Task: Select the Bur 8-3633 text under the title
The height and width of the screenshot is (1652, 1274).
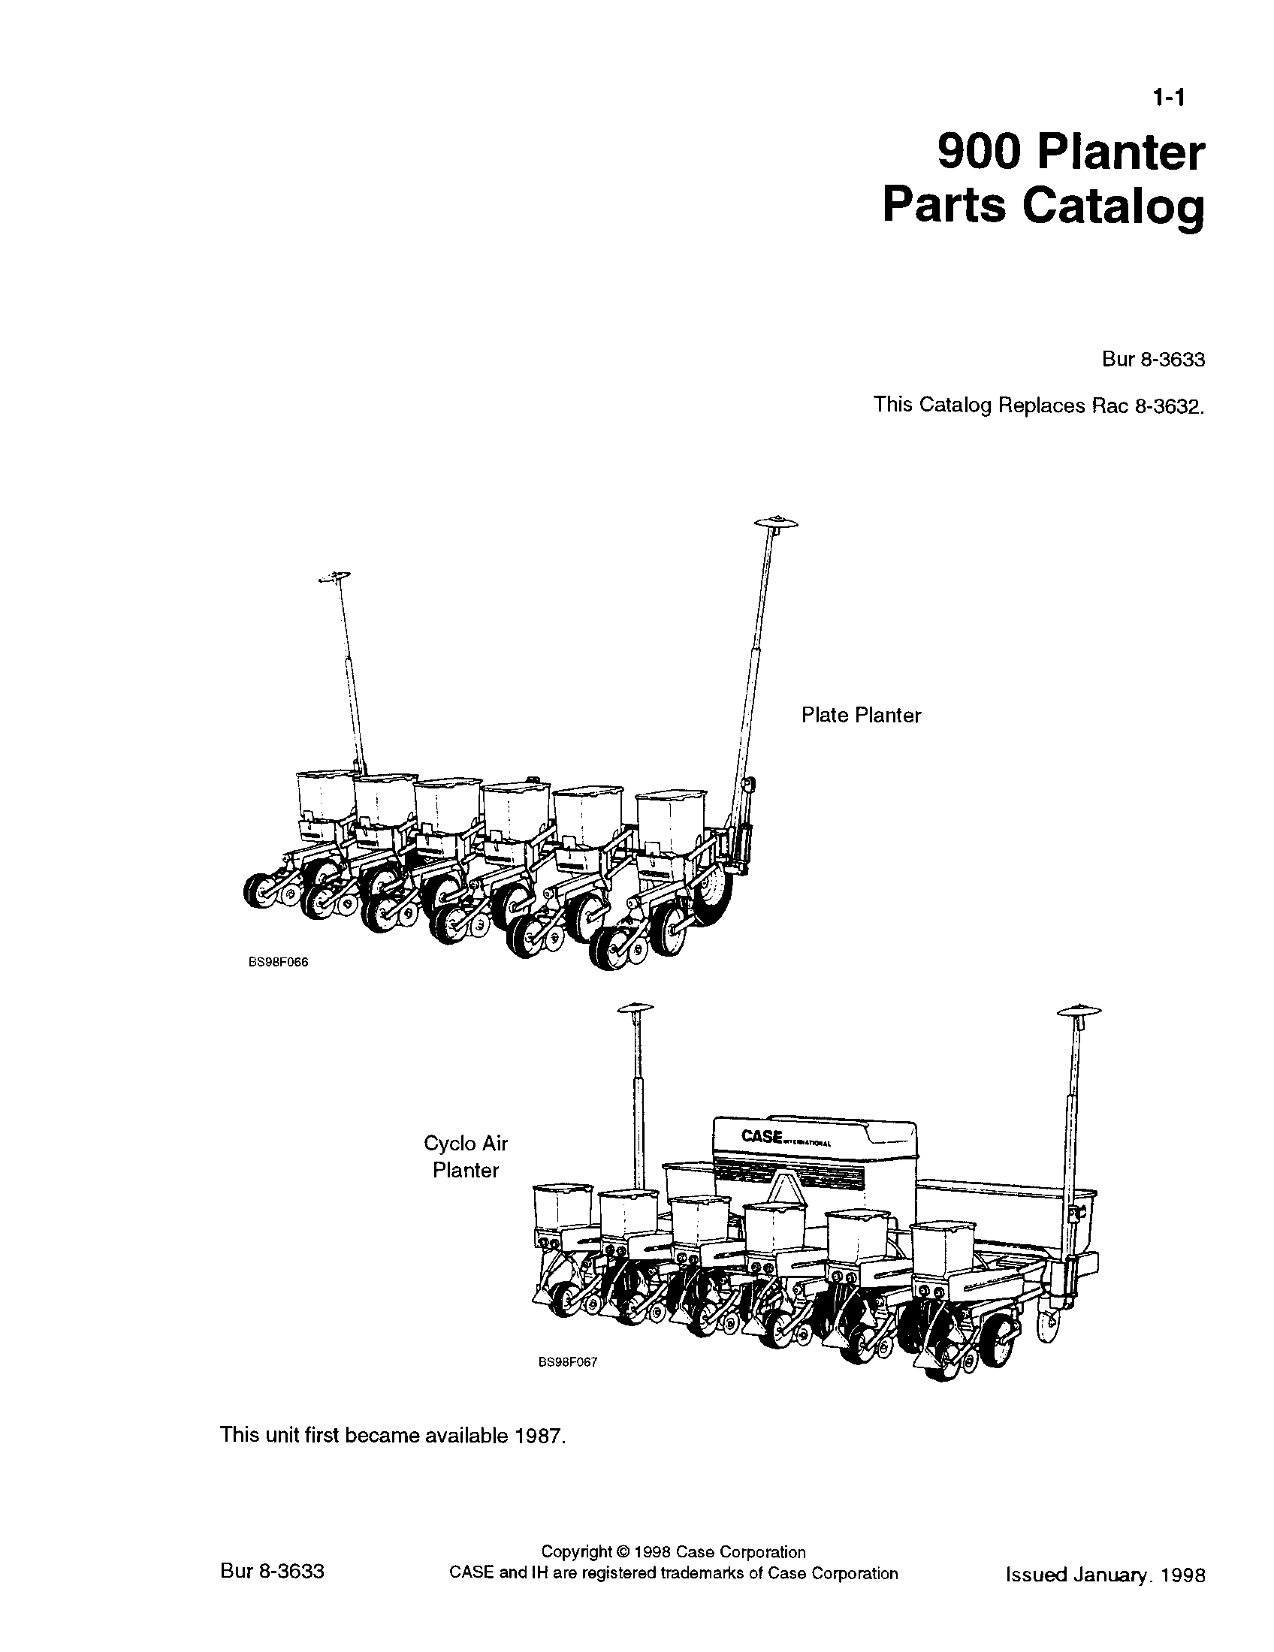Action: tap(1153, 359)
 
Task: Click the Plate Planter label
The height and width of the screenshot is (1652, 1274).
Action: tap(861, 716)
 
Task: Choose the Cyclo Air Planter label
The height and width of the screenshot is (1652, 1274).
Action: tap(465, 1156)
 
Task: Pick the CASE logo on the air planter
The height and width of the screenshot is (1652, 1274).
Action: tap(762, 1137)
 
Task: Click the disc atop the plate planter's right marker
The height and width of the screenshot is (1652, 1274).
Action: tap(775, 522)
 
